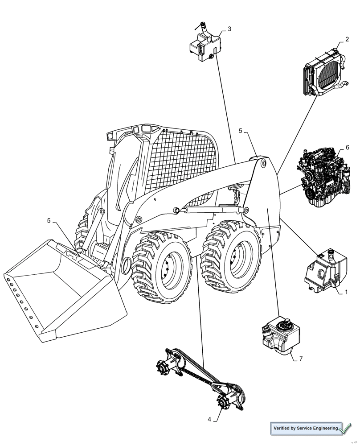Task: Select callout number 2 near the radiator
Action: pos(347,39)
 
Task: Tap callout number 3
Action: pos(229,29)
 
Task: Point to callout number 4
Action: pos(209,419)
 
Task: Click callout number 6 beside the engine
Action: pos(348,147)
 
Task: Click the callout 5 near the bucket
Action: pos(49,220)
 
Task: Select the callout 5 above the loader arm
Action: pos(241,131)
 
